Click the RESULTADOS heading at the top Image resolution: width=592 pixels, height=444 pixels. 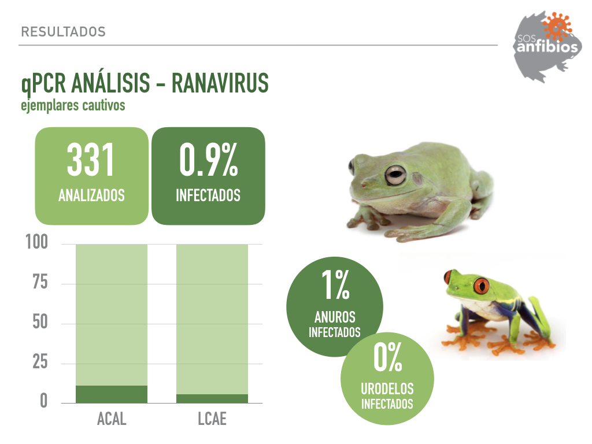point(64,32)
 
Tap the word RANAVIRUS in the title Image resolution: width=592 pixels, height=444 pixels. point(220,83)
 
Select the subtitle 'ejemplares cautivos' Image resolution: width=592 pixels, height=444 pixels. point(73,105)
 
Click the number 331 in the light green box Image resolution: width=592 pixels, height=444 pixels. point(91,160)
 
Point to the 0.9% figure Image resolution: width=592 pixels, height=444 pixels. point(208,160)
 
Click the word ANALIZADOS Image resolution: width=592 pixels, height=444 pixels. point(91,195)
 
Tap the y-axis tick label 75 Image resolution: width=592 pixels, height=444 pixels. point(40,282)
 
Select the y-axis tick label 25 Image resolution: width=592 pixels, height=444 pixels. point(40,362)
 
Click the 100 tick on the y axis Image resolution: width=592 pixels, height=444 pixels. point(36,242)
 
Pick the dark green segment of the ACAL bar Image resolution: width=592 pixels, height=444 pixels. point(112,394)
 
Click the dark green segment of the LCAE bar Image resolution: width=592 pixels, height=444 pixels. point(212,399)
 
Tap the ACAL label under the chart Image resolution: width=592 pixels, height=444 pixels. point(112,419)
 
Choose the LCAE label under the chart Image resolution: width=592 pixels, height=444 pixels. point(212,419)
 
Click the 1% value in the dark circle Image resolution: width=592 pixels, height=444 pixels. point(335,284)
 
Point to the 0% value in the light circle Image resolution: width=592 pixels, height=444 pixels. point(388,357)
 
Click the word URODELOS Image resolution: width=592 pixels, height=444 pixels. point(387,389)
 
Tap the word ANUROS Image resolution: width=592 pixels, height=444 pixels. point(335,317)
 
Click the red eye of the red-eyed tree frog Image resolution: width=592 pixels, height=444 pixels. point(481,286)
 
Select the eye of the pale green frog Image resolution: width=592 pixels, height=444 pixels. point(395,175)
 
